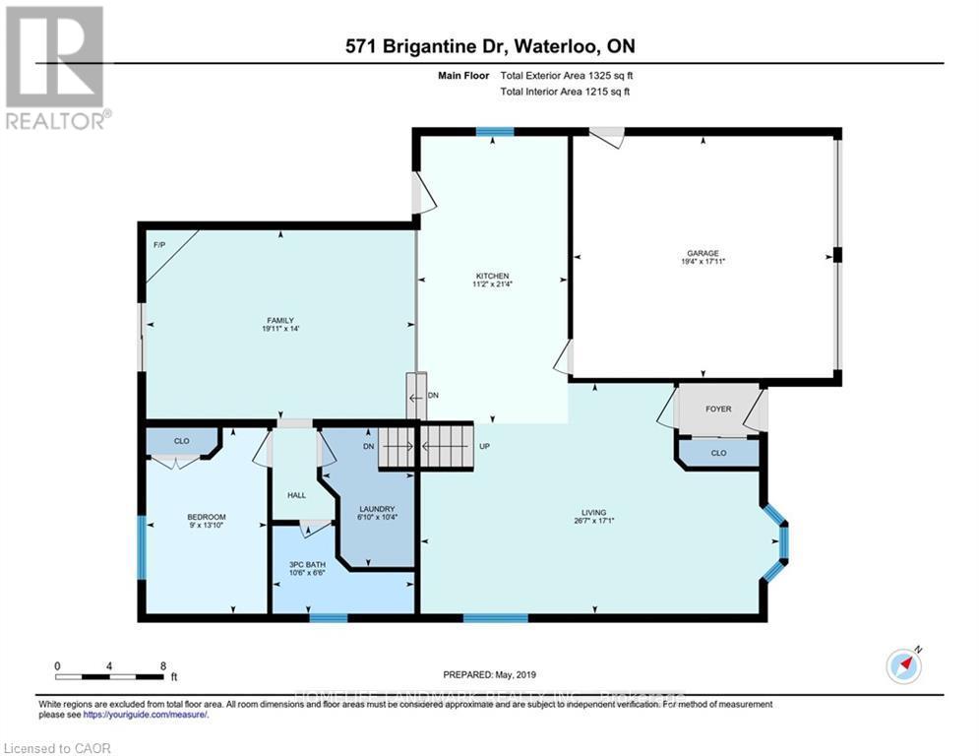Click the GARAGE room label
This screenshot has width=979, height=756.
703,252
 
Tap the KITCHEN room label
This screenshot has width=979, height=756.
491,275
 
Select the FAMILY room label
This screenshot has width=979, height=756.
278,321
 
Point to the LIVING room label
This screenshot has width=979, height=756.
593,513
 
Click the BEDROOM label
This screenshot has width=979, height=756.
207,517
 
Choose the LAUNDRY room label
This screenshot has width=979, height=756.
377,508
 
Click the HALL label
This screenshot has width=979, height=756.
295,496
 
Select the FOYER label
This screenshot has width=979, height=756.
718,409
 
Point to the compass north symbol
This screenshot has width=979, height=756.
903,666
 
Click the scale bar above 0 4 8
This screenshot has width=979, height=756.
110,676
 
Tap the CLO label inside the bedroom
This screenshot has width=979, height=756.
182,441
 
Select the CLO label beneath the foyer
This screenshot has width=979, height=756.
718,454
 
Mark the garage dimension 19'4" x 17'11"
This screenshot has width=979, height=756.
703,261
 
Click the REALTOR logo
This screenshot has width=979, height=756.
55,66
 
